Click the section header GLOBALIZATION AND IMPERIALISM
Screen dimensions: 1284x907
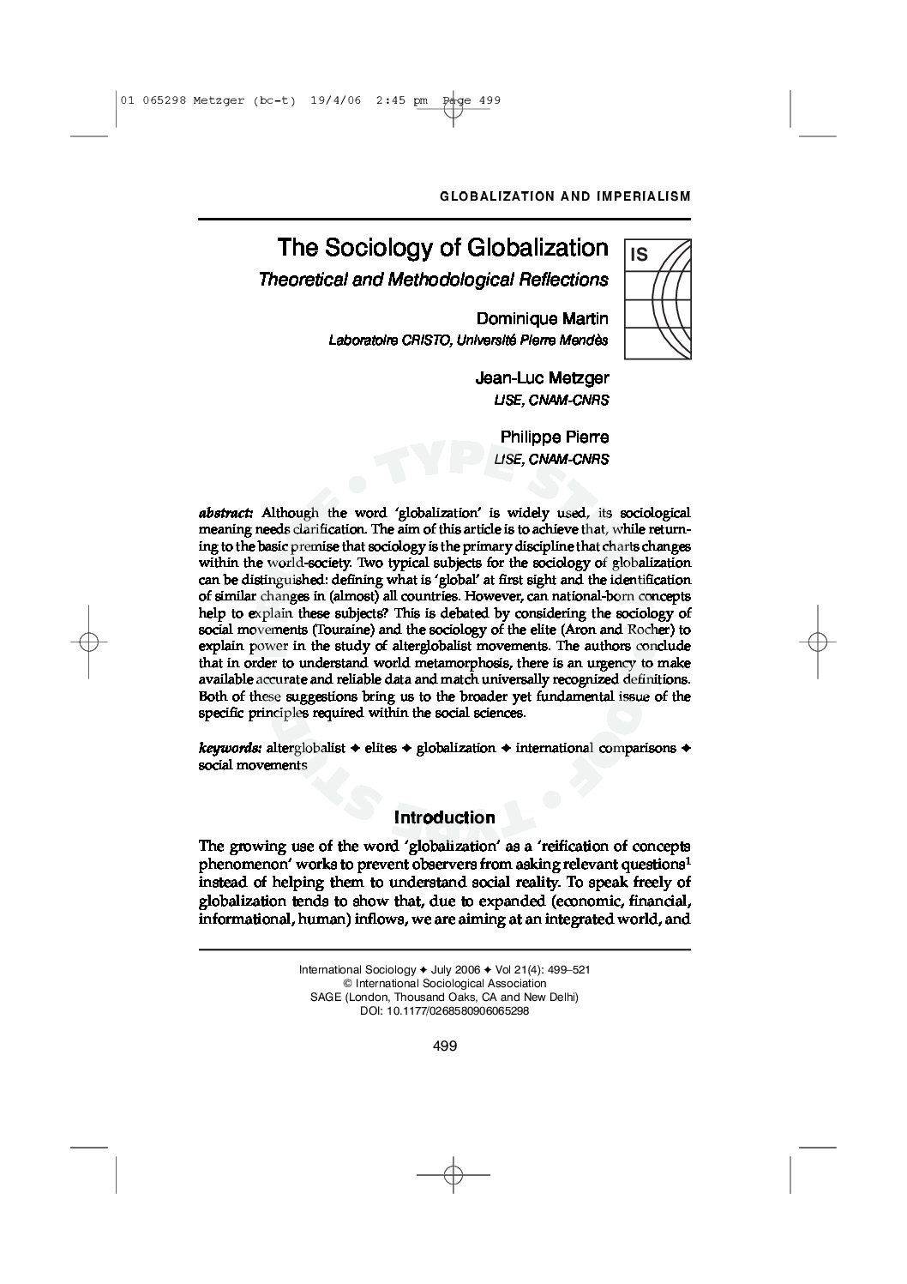click(x=565, y=196)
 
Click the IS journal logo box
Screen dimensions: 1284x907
click(x=658, y=298)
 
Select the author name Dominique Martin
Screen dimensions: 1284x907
click(x=542, y=319)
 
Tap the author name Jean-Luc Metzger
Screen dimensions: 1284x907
click(x=542, y=378)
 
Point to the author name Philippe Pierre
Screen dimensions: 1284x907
click(x=555, y=437)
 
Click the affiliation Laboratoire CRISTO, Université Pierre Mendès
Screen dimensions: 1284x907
click(x=468, y=341)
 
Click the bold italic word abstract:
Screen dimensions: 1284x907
click(x=225, y=513)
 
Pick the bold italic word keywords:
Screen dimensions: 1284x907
click(x=230, y=748)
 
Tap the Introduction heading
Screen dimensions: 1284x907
click(x=444, y=817)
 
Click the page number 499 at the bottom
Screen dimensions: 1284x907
click(x=445, y=1046)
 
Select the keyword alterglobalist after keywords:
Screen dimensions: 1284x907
click(x=306, y=748)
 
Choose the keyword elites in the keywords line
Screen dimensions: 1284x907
click(x=381, y=748)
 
